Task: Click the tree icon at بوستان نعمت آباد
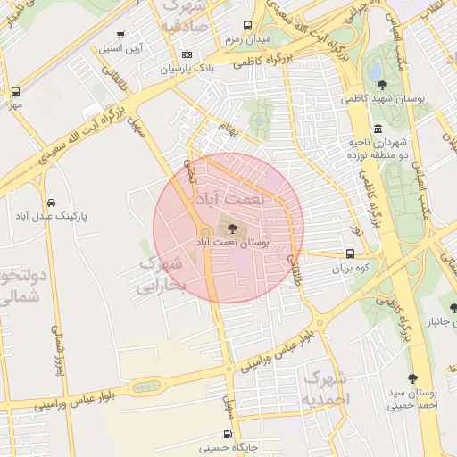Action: coord(234,228)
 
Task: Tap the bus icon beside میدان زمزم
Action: coord(247,27)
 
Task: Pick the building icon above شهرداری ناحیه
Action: coord(379,128)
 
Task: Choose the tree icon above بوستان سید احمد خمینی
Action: coord(412,378)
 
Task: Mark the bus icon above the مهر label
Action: coord(15,91)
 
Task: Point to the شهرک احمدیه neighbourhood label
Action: coord(325,388)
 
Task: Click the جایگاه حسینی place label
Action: coord(227,447)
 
